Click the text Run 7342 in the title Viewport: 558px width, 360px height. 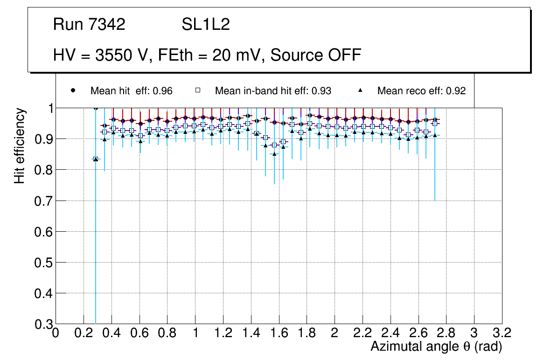pyautogui.click(x=89, y=25)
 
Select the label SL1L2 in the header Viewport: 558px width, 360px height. pyautogui.click(x=205, y=25)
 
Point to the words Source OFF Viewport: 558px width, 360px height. pyautogui.click(x=316, y=55)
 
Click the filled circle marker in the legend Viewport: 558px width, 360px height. pyautogui.click(x=73, y=90)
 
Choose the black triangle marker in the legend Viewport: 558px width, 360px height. pyautogui.click(x=360, y=90)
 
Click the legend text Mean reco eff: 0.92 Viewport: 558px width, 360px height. pyautogui.click(x=421, y=91)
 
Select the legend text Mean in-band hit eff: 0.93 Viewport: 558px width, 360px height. pyautogui.click(x=273, y=91)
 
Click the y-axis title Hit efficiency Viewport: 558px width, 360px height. pyautogui.click(x=19, y=145)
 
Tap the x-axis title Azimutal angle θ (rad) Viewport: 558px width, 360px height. pyautogui.click(x=436, y=346)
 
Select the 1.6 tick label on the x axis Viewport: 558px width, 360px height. pyautogui.click(x=279, y=333)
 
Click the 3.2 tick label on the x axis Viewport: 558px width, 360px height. pyautogui.click(x=502, y=333)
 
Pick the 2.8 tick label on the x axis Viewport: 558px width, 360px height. pyautogui.click(x=446, y=333)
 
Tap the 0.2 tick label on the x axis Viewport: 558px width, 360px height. pyautogui.click(x=84, y=333)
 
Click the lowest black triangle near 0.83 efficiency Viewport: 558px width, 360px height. pyautogui.click(x=96, y=159)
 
